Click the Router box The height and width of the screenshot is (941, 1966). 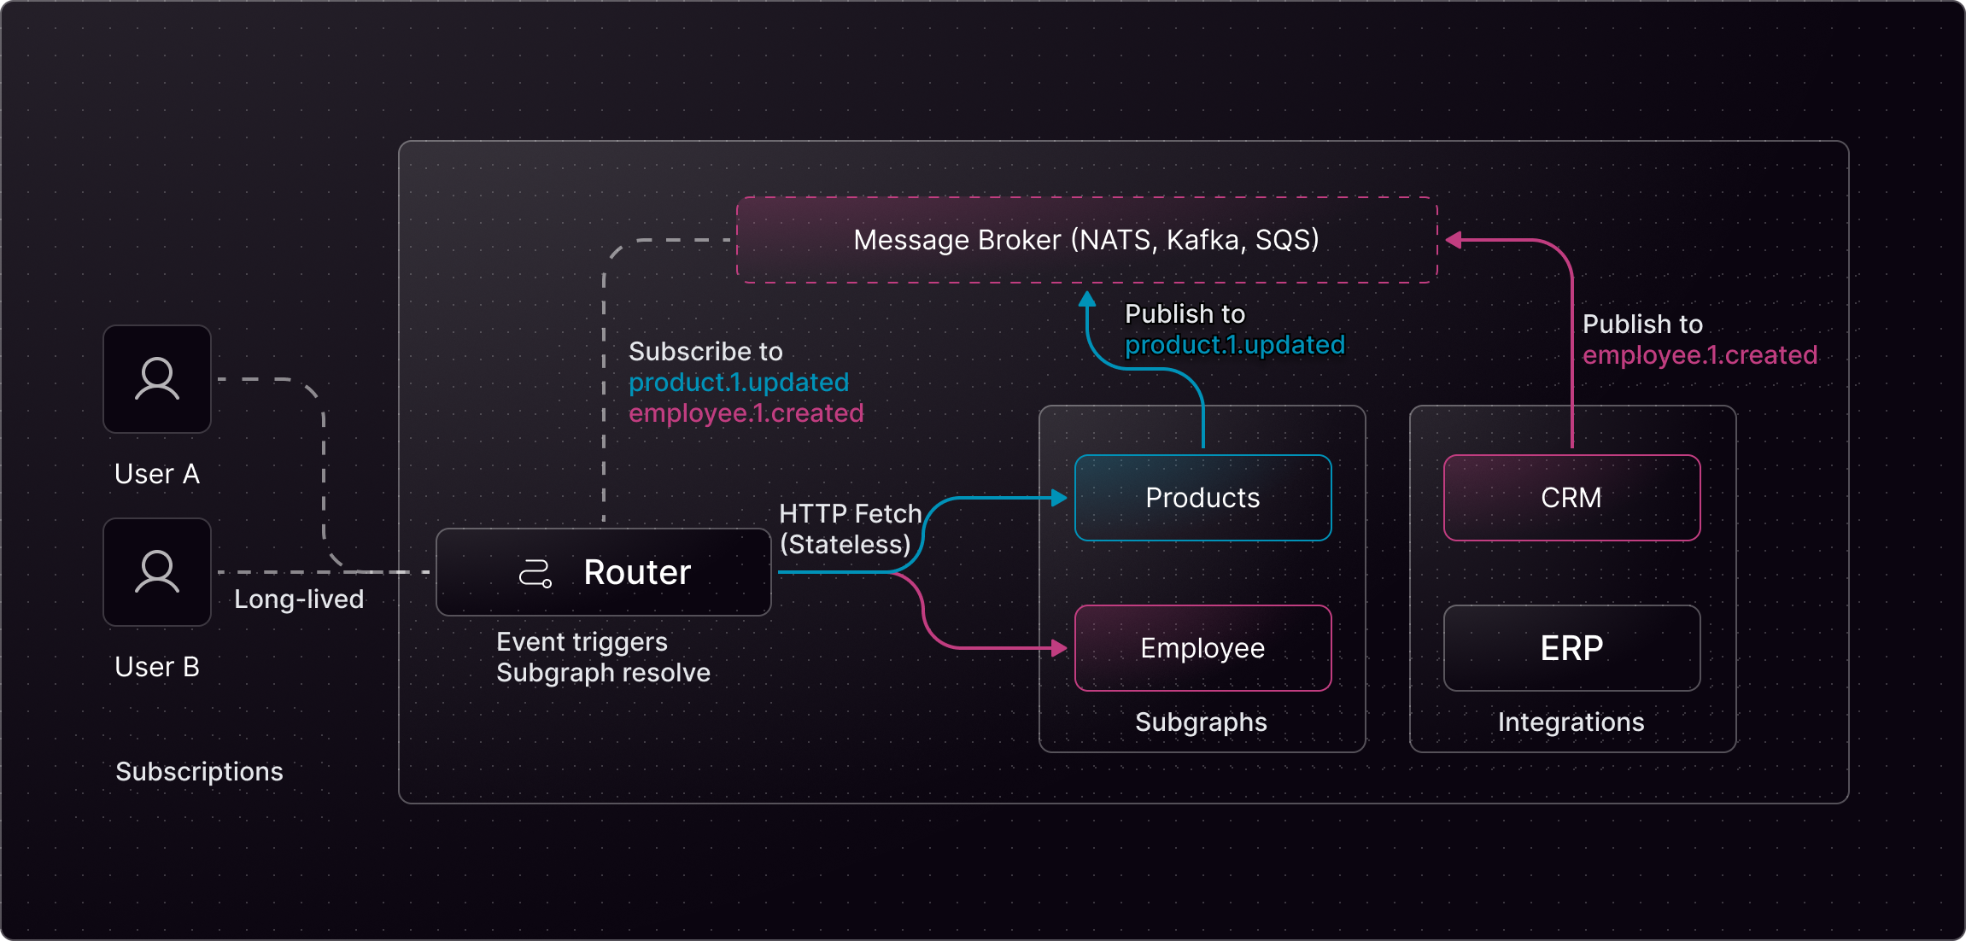point(603,572)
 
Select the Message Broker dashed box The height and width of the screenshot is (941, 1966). point(1086,240)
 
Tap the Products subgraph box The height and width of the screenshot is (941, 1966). point(1202,498)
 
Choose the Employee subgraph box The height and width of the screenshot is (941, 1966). point(1202,648)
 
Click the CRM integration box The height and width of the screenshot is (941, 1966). point(1571,498)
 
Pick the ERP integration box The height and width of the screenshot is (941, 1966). point(1571,648)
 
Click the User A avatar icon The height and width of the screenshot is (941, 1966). point(157,379)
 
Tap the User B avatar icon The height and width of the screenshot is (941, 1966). point(157,572)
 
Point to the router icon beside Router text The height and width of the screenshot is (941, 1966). point(535,573)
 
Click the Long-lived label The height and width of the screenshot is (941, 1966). point(299,599)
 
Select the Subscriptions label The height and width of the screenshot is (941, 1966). point(199,772)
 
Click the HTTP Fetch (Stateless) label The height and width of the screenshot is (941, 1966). point(849,529)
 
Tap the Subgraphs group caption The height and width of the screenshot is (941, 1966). point(1201,722)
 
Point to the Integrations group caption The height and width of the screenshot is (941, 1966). point(1571,722)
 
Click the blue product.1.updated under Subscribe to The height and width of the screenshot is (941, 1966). point(739,383)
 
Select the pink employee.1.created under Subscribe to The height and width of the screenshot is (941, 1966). point(746,413)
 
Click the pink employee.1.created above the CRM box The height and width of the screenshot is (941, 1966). point(1700,355)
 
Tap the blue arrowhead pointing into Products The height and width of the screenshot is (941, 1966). point(1060,498)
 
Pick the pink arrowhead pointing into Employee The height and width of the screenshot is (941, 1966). point(1060,648)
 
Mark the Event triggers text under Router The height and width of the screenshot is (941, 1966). point(582,642)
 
